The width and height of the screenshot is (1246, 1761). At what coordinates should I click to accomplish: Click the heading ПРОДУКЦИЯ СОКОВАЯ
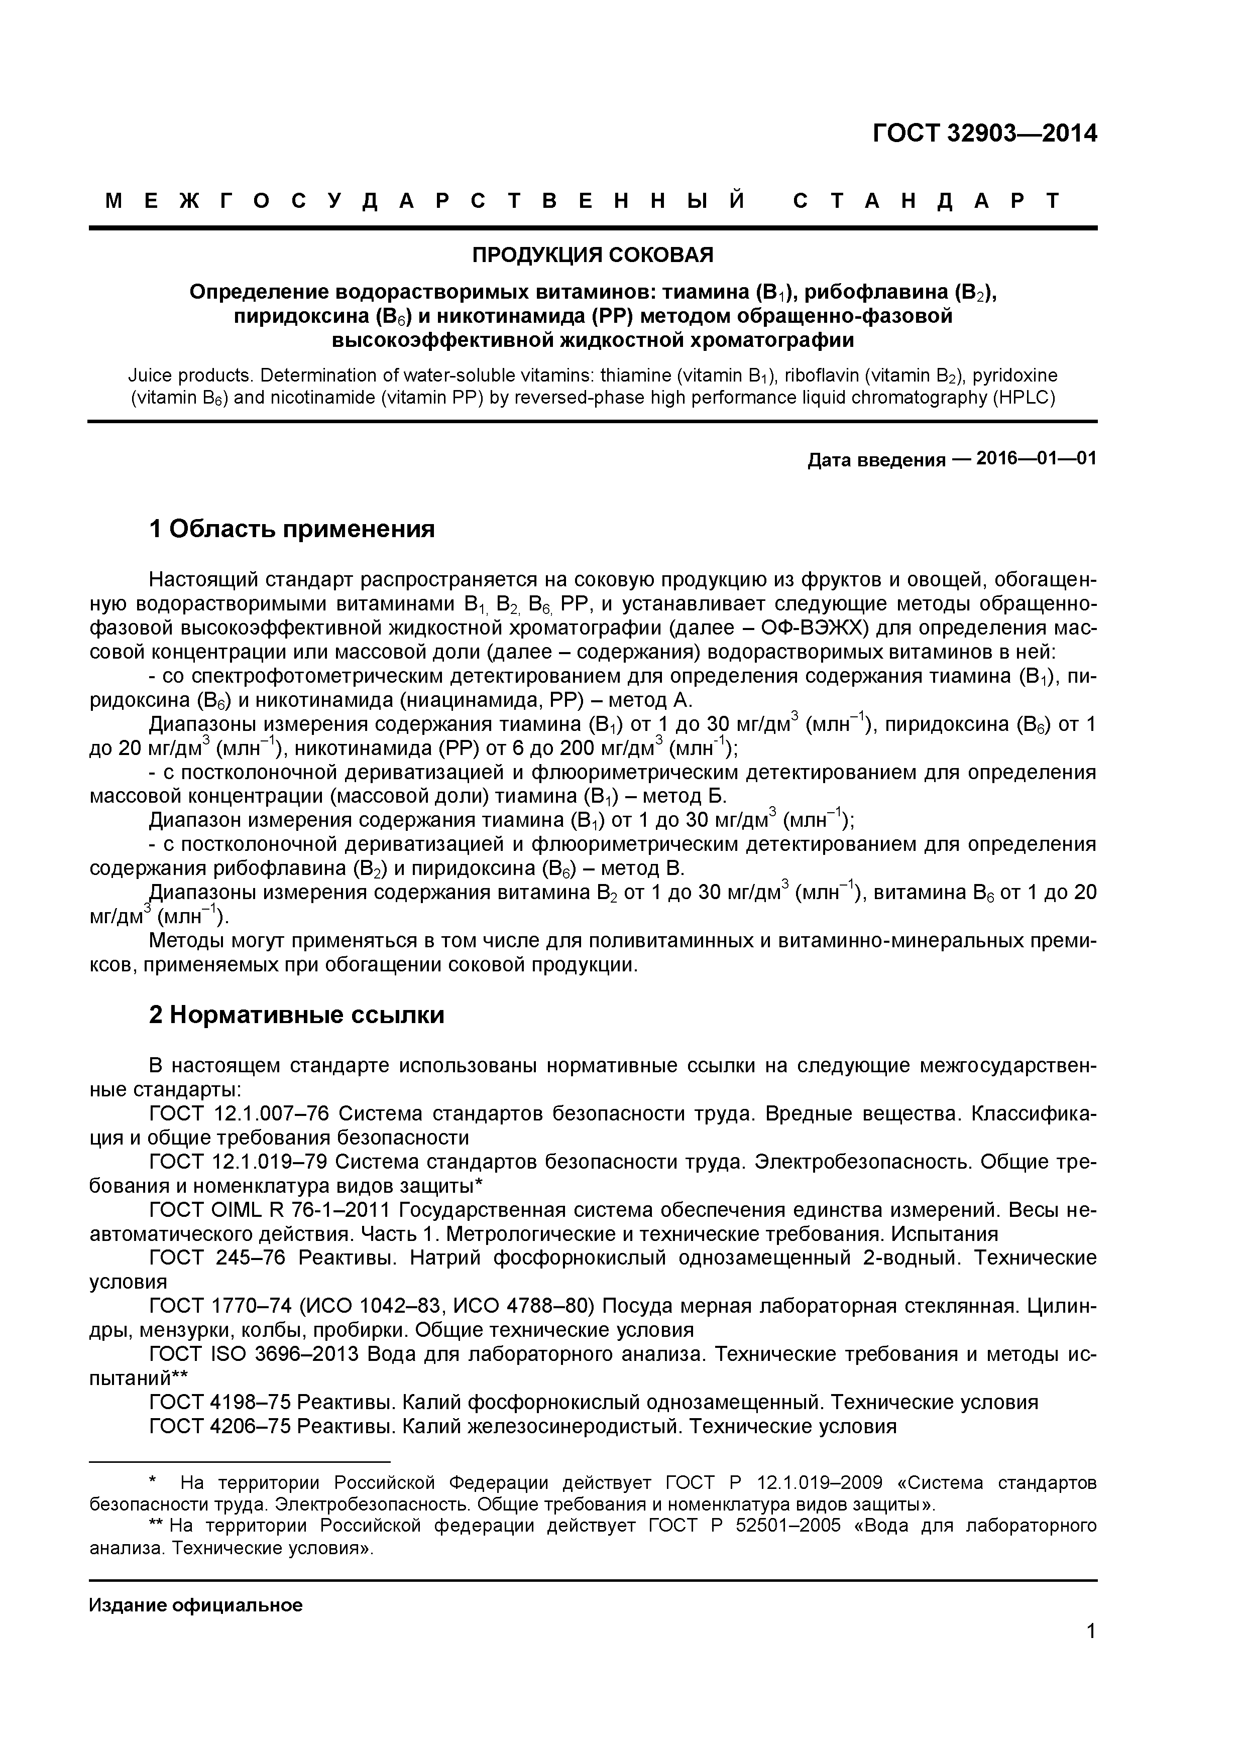pyautogui.click(x=592, y=255)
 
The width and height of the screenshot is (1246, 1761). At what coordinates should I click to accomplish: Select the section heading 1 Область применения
pyautogui.click(x=292, y=529)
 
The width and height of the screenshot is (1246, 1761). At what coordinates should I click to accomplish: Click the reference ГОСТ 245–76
pyautogui.click(x=217, y=1259)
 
